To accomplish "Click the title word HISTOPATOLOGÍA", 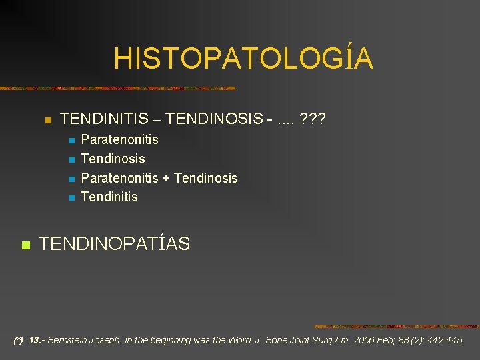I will click(x=243, y=59).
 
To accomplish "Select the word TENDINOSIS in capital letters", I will click(x=213, y=119).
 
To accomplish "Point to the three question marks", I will click(x=313, y=119).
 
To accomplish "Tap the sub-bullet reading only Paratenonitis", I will click(x=119, y=139).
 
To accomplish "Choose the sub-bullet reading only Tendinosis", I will click(x=112, y=159).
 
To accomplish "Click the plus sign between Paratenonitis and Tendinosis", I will click(x=166, y=178).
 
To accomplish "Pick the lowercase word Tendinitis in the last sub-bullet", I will click(x=109, y=197).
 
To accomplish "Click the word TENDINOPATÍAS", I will click(x=114, y=244).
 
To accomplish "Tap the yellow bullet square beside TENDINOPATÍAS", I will click(x=25, y=245).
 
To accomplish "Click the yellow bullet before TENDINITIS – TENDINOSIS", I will click(x=47, y=121).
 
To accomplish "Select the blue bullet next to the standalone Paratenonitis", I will click(x=70, y=141).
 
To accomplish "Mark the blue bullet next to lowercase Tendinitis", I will click(x=70, y=198).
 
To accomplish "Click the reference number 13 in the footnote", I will click(x=36, y=340).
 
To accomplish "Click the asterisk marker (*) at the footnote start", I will click(x=18, y=340).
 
